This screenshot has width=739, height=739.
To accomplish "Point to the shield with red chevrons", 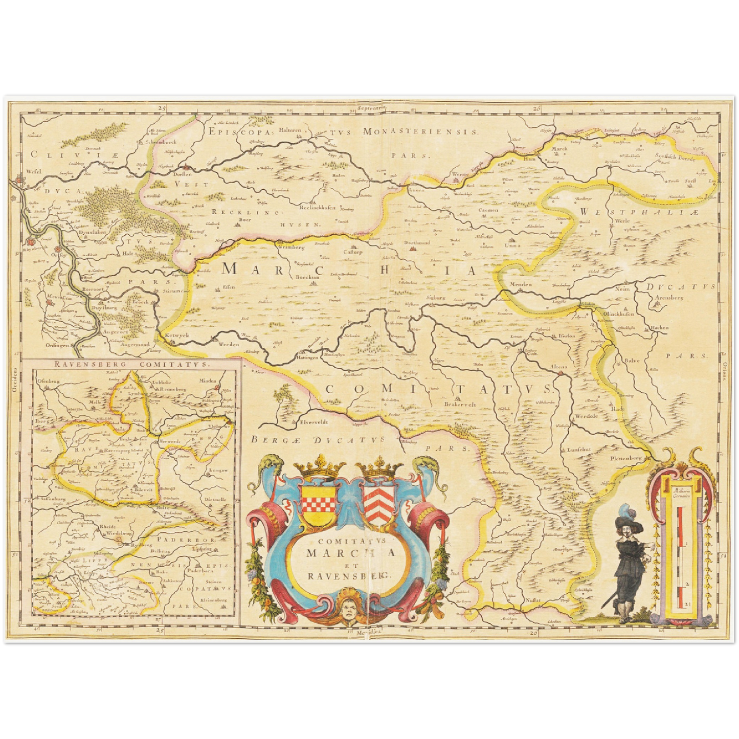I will (x=379, y=504).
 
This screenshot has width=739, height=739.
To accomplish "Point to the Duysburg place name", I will (x=104, y=308).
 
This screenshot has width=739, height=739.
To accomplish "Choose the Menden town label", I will (x=521, y=284).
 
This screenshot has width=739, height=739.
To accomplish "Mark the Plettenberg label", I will (x=625, y=459).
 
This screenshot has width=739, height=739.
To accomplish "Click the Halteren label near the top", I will (x=289, y=130).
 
